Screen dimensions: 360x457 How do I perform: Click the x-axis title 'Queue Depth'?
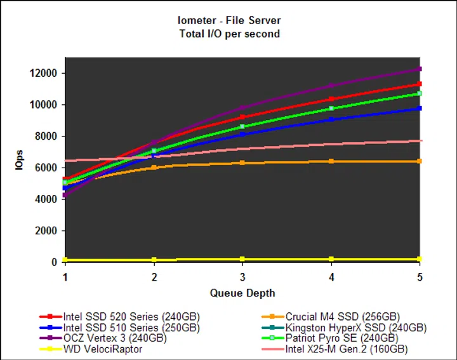pos(242,293)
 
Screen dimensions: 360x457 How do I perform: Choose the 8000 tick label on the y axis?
pos(48,136)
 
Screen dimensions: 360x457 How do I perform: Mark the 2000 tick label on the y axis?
pos(48,230)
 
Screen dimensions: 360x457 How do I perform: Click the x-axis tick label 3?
pos(242,277)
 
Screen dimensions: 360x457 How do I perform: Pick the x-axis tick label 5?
pos(419,277)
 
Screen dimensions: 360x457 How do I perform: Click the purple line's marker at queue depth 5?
pos(420,69)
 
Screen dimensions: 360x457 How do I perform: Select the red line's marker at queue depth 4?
pos(331,99)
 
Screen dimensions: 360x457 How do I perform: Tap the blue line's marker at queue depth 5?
pos(420,109)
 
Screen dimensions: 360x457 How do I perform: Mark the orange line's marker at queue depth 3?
pos(242,163)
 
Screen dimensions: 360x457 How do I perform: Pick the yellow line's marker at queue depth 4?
pos(331,259)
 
